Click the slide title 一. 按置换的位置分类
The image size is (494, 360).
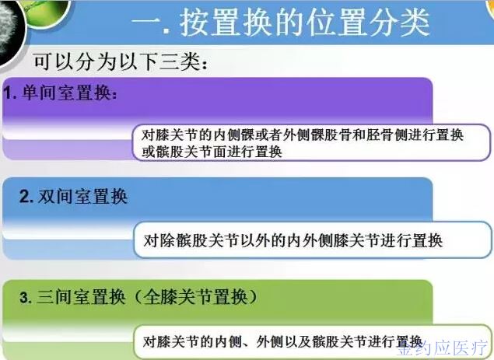click(x=281, y=23)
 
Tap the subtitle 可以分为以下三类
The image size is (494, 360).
click(x=120, y=61)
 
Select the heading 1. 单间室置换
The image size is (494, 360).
click(x=60, y=93)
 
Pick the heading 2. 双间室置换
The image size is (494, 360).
click(x=73, y=197)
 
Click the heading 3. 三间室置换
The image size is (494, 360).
click(x=72, y=297)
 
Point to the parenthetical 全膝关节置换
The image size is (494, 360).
click(x=195, y=297)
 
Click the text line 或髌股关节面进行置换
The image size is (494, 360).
click(x=212, y=152)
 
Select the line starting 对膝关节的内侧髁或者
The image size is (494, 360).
click(x=302, y=135)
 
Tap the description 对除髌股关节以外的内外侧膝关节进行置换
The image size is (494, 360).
click(x=293, y=240)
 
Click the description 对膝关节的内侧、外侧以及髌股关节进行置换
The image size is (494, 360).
click(x=282, y=341)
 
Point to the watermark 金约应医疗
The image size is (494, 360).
click(x=443, y=348)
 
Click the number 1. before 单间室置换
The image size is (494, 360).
click(x=10, y=93)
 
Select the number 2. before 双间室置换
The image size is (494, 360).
click(x=26, y=197)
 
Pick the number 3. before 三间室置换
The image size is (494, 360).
click(x=26, y=298)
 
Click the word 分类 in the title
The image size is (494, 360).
click(x=399, y=23)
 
